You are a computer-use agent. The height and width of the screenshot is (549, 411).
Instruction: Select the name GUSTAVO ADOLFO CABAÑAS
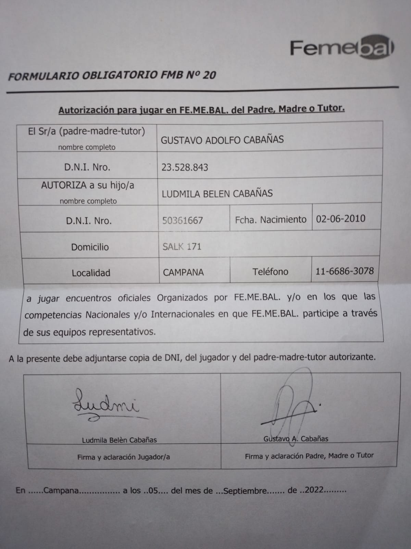click(x=222, y=140)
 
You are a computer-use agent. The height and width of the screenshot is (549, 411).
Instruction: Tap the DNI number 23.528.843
click(x=185, y=167)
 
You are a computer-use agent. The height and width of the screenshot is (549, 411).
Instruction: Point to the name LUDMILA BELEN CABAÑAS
click(x=217, y=194)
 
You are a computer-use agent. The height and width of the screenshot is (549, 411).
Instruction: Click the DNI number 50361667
click(x=183, y=220)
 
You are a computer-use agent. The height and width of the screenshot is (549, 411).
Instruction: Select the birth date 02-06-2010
click(x=341, y=219)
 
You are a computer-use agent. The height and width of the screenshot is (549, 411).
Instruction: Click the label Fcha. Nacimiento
click(x=271, y=220)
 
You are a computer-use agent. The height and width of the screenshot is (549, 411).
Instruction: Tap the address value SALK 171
click(x=182, y=247)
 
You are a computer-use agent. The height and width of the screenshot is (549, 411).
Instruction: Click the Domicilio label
click(x=90, y=247)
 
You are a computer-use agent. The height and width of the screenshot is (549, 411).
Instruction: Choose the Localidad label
click(x=91, y=273)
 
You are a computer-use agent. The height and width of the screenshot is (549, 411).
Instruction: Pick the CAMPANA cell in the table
click(x=183, y=272)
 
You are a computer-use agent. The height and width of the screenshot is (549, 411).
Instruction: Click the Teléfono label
click(x=270, y=272)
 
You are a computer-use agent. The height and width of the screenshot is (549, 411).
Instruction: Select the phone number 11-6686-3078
click(x=345, y=271)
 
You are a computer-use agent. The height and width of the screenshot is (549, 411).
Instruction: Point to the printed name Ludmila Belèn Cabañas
click(x=119, y=440)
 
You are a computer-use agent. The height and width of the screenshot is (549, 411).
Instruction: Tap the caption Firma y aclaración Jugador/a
click(x=123, y=457)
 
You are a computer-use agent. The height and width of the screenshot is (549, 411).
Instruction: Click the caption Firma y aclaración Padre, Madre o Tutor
click(x=309, y=456)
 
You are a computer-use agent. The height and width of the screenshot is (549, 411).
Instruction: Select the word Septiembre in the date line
click(x=245, y=491)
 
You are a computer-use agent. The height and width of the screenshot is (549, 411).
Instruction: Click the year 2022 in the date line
click(x=314, y=490)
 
